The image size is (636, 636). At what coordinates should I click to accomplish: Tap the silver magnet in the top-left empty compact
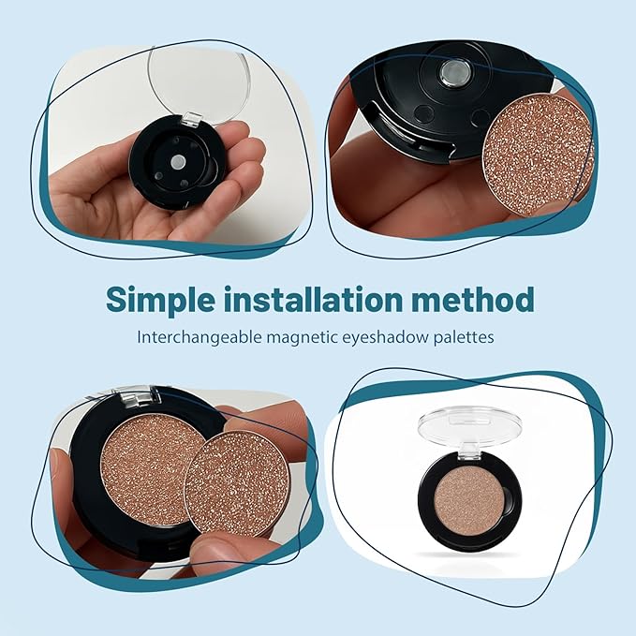(x=178, y=162)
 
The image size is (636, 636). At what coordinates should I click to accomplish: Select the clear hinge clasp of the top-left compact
(x=191, y=118)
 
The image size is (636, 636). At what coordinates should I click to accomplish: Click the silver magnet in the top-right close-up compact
(x=454, y=73)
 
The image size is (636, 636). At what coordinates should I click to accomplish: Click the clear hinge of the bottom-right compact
(x=468, y=451)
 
